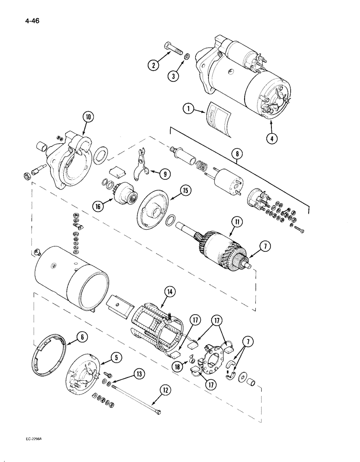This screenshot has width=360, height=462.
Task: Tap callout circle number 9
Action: (x=164, y=174)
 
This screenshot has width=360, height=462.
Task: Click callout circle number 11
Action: (x=236, y=223)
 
